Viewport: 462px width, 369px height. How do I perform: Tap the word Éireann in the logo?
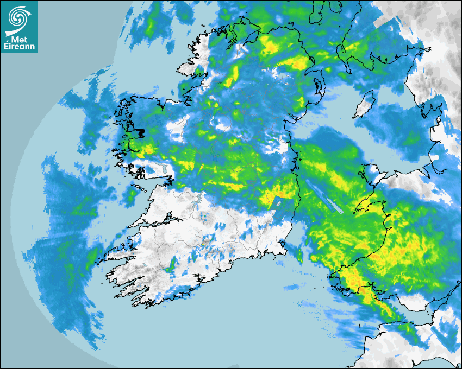(x=19, y=47)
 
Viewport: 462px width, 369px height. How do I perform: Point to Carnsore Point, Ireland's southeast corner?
(x=285, y=252)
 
